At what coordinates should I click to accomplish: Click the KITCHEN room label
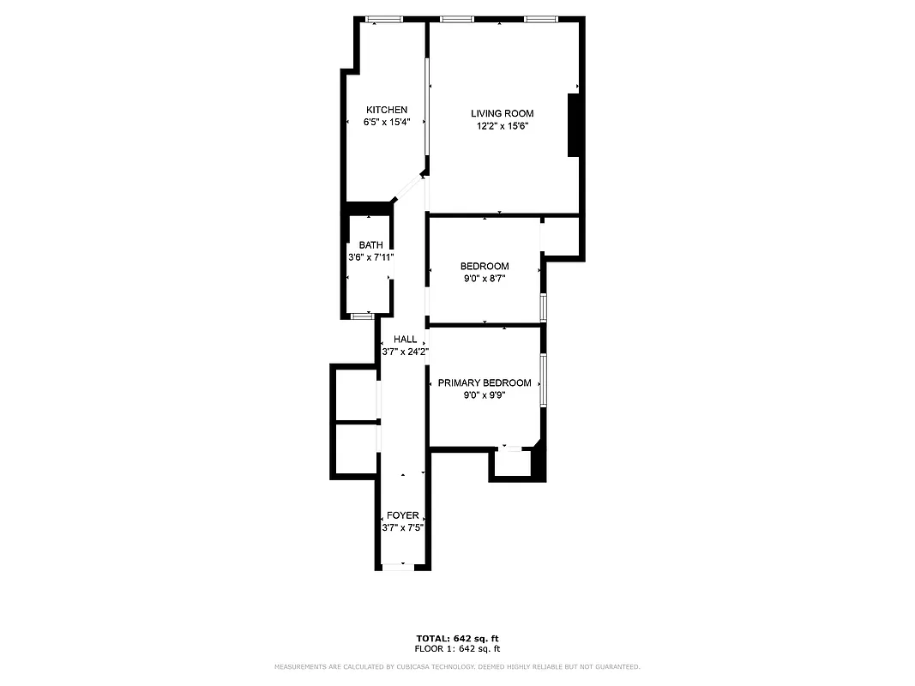click(387, 110)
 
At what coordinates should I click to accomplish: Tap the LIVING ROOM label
click(502, 113)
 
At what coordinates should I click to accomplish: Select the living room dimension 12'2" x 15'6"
click(502, 126)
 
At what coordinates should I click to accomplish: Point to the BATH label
click(370, 245)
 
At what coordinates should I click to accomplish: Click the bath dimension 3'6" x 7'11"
click(370, 257)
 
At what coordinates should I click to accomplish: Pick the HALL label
click(405, 340)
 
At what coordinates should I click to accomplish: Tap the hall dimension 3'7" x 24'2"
click(405, 352)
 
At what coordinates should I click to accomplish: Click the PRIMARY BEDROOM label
click(484, 383)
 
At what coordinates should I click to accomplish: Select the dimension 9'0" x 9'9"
click(484, 395)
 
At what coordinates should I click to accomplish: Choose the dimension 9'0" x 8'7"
click(484, 279)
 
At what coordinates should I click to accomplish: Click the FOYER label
click(402, 515)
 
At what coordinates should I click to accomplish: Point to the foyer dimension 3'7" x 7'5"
click(402, 527)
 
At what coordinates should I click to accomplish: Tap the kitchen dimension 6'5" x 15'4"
click(387, 122)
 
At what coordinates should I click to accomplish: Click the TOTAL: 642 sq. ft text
click(457, 638)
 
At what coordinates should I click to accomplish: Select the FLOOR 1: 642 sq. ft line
click(457, 648)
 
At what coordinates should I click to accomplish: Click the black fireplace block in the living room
click(575, 125)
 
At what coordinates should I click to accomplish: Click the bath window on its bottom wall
click(363, 316)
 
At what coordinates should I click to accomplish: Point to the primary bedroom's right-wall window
click(543, 380)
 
